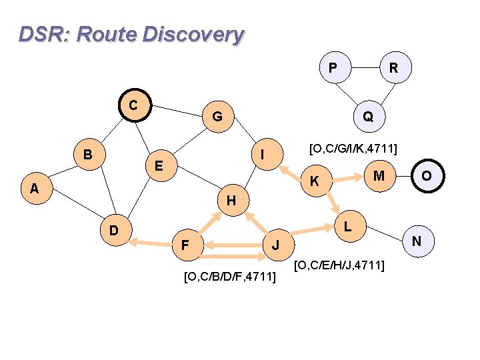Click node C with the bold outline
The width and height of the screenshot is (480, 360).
134,106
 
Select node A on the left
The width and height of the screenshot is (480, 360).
34,189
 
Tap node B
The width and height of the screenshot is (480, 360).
87,155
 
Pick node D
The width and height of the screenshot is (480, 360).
114,231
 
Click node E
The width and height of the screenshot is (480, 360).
159,165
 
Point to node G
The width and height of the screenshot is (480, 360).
217,117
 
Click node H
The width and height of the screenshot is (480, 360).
230,200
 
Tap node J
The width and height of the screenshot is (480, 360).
276,246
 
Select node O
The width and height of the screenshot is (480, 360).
425,176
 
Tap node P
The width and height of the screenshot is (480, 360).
333,67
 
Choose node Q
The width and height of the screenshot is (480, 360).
367,117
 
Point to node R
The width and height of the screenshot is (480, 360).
394,67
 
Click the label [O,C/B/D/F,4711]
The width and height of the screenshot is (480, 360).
229,275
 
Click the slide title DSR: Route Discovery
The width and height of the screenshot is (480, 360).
131,34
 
